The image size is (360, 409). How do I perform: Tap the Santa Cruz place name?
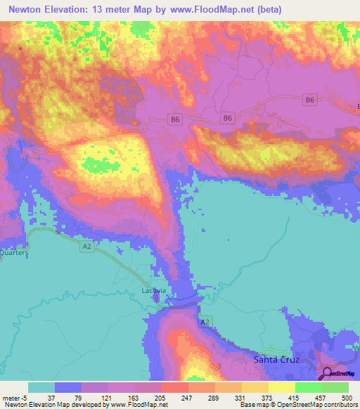click(x=276, y=360)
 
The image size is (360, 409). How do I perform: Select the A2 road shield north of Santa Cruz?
click(x=205, y=321)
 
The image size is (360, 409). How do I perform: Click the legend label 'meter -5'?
click(x=13, y=397)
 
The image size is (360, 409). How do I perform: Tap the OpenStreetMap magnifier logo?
click(x=328, y=373)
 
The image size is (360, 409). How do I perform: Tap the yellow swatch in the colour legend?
click(x=281, y=387)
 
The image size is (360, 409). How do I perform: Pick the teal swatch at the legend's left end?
click(x=41, y=387)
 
